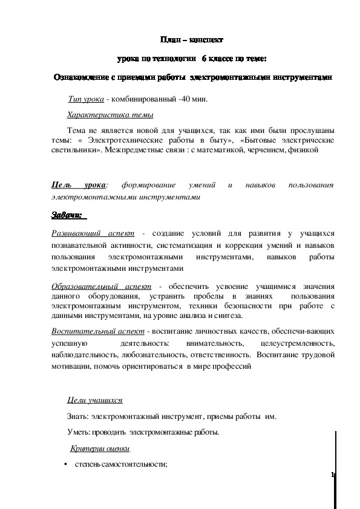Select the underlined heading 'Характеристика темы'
tap(110, 114)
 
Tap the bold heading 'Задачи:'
tap(68, 215)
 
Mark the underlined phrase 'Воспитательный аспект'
tap(97, 331)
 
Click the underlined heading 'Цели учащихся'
tap(94, 400)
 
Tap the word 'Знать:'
tap(78, 417)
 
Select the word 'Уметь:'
tap(79, 432)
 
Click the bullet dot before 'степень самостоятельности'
tap(65, 465)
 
